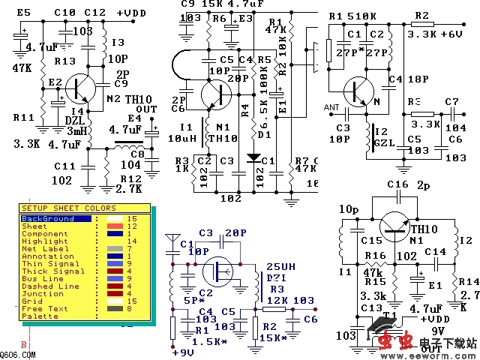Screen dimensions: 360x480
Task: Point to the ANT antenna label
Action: [331, 106]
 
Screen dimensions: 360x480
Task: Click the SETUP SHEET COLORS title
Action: [67, 208]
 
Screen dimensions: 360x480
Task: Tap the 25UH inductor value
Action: [280, 266]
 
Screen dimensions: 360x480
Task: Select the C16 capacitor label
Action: [397, 184]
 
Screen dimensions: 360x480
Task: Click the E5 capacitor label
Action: [23, 13]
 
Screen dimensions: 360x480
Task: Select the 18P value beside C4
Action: [418, 78]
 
